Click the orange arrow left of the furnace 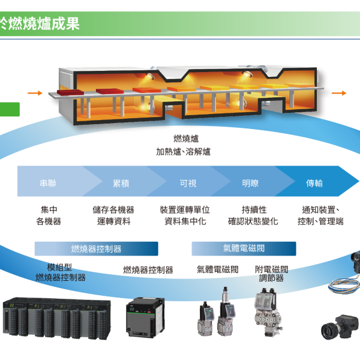pyautogui.click(x=35, y=93)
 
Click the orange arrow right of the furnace pyautogui.click(x=340, y=93)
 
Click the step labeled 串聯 pyautogui.click(x=49, y=183)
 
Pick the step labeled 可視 pyautogui.click(x=188, y=183)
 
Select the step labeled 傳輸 pyautogui.click(x=314, y=183)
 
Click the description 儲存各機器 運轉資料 pyautogui.click(x=113, y=215)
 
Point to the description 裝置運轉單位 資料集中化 pyautogui.click(x=185, y=215)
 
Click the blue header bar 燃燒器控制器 pyautogui.click(x=96, y=248)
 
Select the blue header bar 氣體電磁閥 pyautogui.click(x=244, y=248)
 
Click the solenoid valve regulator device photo pyautogui.click(x=268, y=312)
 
